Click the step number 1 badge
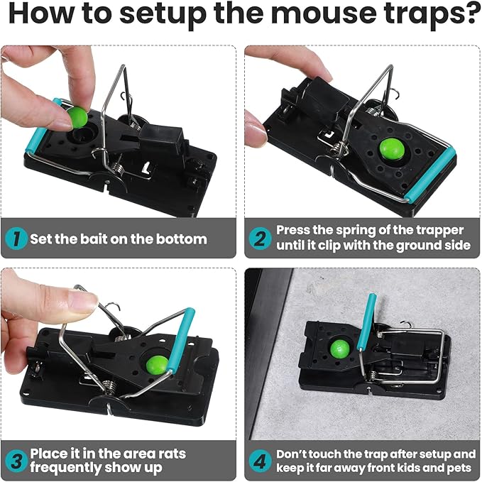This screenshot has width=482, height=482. [x=16, y=239]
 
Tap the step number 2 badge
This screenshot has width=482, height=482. [x=260, y=239]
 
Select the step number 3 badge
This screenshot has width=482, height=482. [x=16, y=461]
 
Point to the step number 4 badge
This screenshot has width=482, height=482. [x=260, y=461]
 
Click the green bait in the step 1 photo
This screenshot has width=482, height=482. [x=78, y=117]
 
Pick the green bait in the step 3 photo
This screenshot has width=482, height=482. [x=158, y=363]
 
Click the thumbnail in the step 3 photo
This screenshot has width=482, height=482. [x=83, y=302]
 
